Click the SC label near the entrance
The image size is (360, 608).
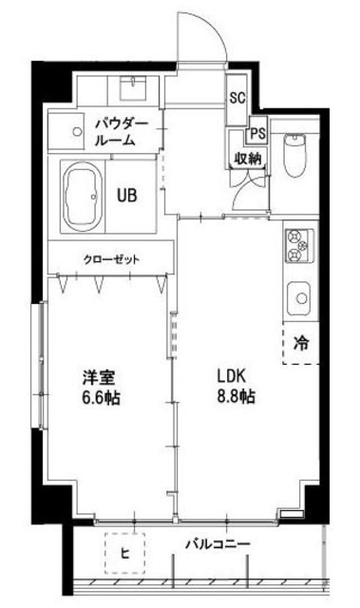(237, 97)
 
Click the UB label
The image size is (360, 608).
(126, 197)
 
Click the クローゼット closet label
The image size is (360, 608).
(110, 258)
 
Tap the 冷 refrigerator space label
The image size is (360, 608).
(299, 344)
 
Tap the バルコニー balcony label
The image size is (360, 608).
(218, 543)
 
